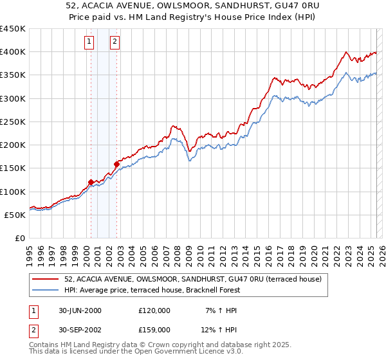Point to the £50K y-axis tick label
pyautogui.click(x=15, y=215)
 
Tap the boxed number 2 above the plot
pyautogui.click(x=115, y=42)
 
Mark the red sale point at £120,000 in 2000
pyautogui.click(x=91, y=182)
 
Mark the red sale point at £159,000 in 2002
pyautogui.click(x=117, y=164)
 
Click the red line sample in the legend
pyautogui.click(x=46, y=279)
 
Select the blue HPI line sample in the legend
pyautogui.click(x=46, y=290)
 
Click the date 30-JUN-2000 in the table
pyautogui.click(x=80, y=310)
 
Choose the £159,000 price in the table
pyautogui.click(x=154, y=329)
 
